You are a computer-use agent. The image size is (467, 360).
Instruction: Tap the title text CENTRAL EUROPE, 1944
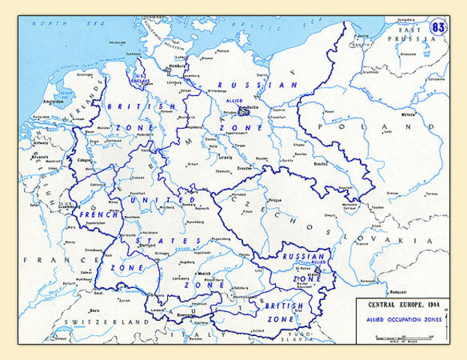[397, 306]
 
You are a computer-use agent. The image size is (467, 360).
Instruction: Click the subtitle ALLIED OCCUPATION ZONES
[398, 319]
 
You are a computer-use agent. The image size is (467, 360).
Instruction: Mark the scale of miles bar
[397, 339]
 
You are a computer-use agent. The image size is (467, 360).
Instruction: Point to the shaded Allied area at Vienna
[321, 271]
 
